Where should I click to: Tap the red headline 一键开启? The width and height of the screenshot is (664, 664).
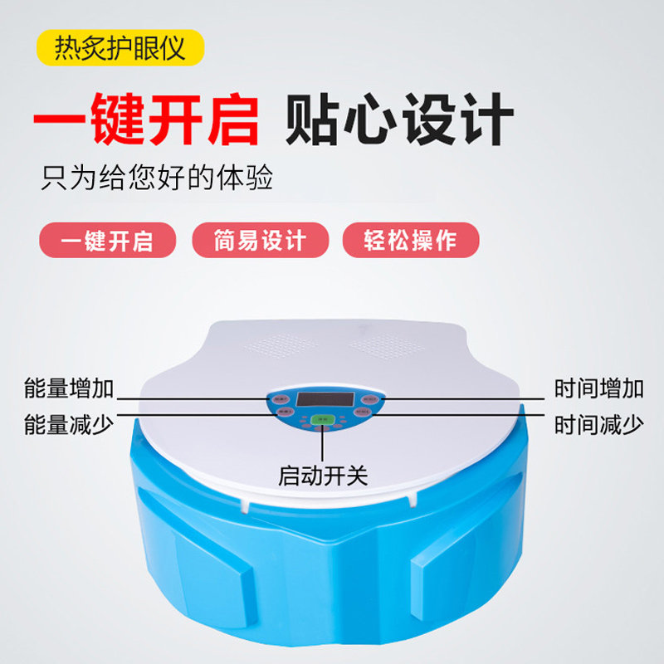click(x=147, y=120)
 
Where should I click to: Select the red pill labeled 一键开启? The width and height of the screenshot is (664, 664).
click(x=108, y=241)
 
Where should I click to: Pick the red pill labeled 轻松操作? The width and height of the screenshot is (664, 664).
click(x=411, y=241)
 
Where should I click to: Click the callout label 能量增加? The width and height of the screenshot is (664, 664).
click(x=69, y=388)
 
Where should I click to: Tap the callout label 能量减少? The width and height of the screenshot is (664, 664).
click(x=69, y=425)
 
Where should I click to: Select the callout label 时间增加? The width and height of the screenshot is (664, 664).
click(x=598, y=388)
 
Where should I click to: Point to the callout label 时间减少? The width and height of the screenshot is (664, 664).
click(x=598, y=425)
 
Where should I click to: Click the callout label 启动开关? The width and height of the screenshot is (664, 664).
click(x=323, y=476)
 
